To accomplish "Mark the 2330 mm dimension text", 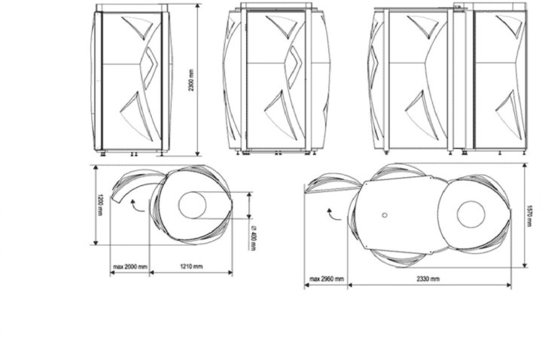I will point(426,279).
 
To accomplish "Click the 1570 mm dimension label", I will point(530,215).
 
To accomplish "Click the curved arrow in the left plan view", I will point(135,206).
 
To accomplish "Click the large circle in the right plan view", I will point(470,214).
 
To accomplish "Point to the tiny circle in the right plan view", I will point(384,215).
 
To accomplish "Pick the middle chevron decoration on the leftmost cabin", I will point(150,63).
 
